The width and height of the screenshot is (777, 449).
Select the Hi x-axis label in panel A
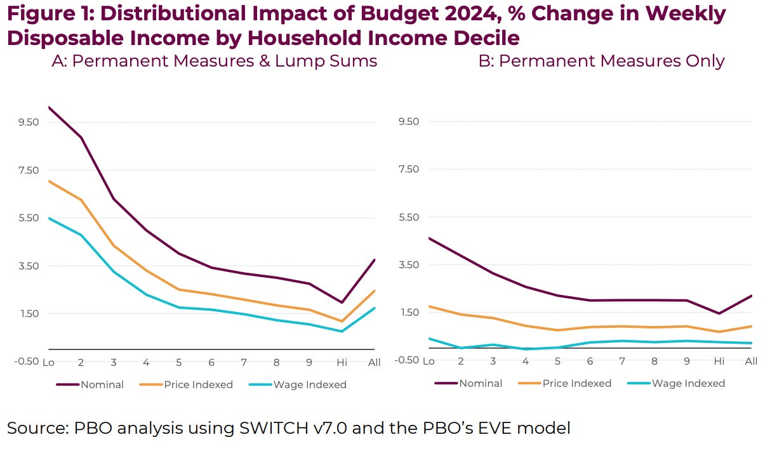point(342,362)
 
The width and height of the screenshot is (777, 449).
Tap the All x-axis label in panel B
point(751,361)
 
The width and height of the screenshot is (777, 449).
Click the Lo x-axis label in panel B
point(428,361)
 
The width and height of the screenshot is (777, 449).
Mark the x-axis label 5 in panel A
point(179,362)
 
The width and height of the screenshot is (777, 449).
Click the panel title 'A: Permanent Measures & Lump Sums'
point(215,61)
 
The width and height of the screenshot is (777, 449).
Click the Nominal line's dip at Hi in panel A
point(342,303)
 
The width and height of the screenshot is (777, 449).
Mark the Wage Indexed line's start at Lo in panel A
point(48,218)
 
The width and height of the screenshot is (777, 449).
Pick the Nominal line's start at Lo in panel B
point(429,238)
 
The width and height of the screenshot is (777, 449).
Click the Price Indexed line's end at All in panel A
point(375,290)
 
